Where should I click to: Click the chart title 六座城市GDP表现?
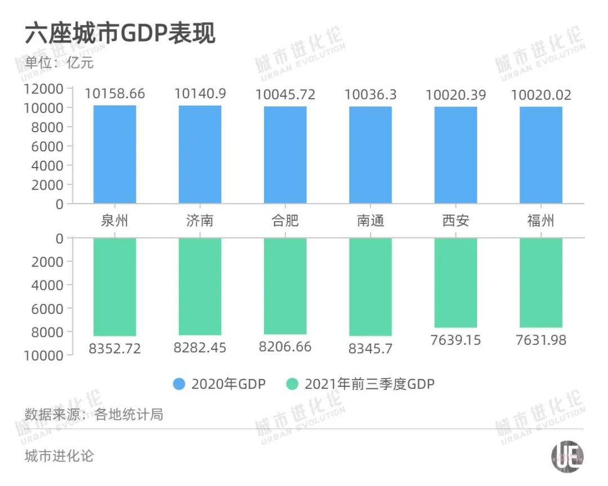pos(120,34)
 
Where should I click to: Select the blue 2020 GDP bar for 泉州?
pos(115,154)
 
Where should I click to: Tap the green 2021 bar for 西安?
pos(455,282)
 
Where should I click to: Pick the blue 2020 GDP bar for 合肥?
pos(285,155)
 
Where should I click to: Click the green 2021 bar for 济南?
pos(200,286)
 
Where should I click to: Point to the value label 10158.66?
pos(115,94)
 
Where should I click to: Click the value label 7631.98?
pos(540,340)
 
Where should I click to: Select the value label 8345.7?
pos(370,349)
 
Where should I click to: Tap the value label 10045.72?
pos(285,94)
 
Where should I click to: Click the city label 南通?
pos(370,220)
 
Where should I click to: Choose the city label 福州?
pos(540,220)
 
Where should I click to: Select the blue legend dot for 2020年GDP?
pos(179,384)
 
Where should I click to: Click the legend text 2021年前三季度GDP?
pos(370,384)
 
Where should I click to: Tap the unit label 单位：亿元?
pos(59,62)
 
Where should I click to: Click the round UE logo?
pos(567,455)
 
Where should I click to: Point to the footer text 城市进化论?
pos(59,455)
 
